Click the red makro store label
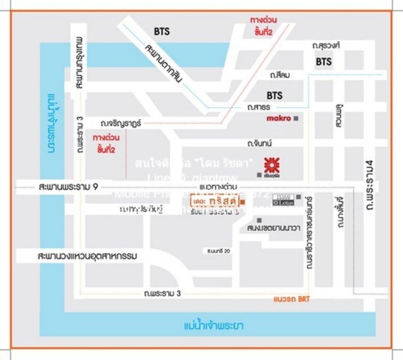pyautogui.click(x=279, y=118)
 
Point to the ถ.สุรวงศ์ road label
pyautogui.click(x=326, y=46)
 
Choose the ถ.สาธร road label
pyautogui.click(x=258, y=108)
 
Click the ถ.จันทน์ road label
pyautogui.click(x=260, y=143)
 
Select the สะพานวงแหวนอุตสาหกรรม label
pyautogui.click(x=87, y=256)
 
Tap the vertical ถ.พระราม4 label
pyautogui.click(x=369, y=187)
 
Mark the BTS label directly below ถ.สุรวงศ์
pyautogui.click(x=324, y=61)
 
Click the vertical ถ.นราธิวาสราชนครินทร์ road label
pyautogui.click(x=309, y=233)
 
